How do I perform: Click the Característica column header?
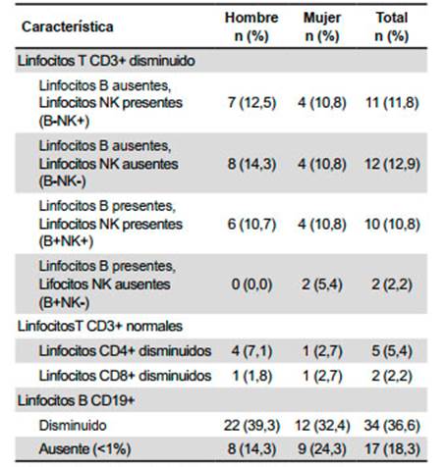[x=68, y=26]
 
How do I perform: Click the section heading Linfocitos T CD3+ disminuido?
[x=106, y=61]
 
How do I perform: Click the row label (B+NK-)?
[x=64, y=302]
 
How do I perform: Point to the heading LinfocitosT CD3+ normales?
[x=100, y=326]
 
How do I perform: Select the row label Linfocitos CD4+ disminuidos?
[x=125, y=351]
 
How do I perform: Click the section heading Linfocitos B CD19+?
[x=77, y=400]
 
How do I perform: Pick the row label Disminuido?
[x=73, y=426]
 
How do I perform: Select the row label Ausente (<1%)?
[x=84, y=449]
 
